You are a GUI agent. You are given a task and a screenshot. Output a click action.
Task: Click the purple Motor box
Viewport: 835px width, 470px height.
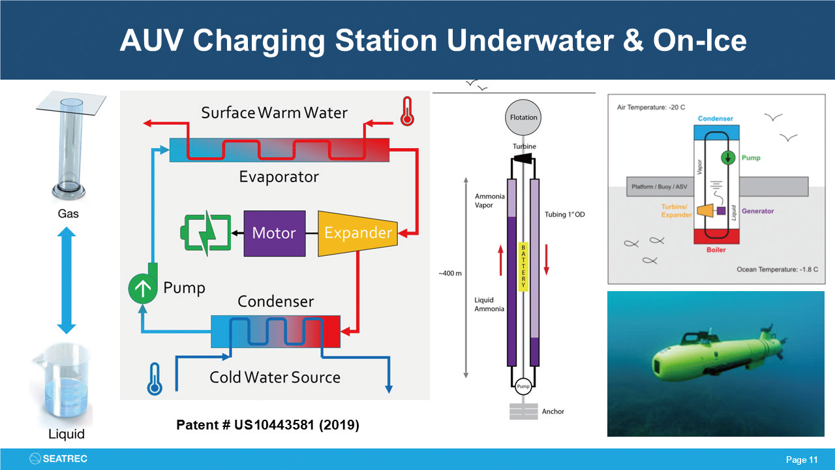point(274,233)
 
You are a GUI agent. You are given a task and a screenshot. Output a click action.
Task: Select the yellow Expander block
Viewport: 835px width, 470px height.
point(357,233)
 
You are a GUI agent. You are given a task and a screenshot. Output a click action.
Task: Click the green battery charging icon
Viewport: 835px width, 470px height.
point(205,233)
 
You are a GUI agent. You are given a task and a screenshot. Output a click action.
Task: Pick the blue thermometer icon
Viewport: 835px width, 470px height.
point(154,379)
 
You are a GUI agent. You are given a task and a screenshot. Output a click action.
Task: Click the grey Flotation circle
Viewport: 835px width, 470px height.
point(524,118)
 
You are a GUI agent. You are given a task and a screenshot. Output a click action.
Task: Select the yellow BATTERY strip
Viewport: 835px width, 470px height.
point(523,267)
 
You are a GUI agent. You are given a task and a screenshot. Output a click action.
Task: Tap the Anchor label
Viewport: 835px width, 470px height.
point(553,412)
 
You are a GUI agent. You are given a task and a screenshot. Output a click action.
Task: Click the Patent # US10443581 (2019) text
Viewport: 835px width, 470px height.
point(268,425)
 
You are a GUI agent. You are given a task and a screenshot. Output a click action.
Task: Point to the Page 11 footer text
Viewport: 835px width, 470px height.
point(802,460)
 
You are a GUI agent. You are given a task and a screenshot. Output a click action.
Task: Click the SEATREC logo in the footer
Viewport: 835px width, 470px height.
point(59,459)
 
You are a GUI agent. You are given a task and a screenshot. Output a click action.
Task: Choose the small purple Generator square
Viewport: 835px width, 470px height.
point(721,211)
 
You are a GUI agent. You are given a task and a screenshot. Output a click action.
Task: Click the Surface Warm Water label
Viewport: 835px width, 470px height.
point(274,112)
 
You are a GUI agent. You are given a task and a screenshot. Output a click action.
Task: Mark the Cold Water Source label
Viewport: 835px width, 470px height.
point(275,377)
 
